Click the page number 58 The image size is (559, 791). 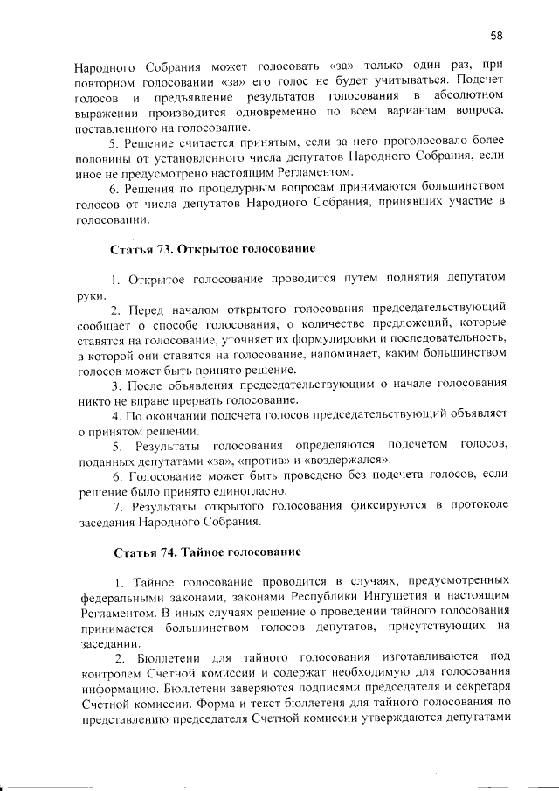pos(496,36)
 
